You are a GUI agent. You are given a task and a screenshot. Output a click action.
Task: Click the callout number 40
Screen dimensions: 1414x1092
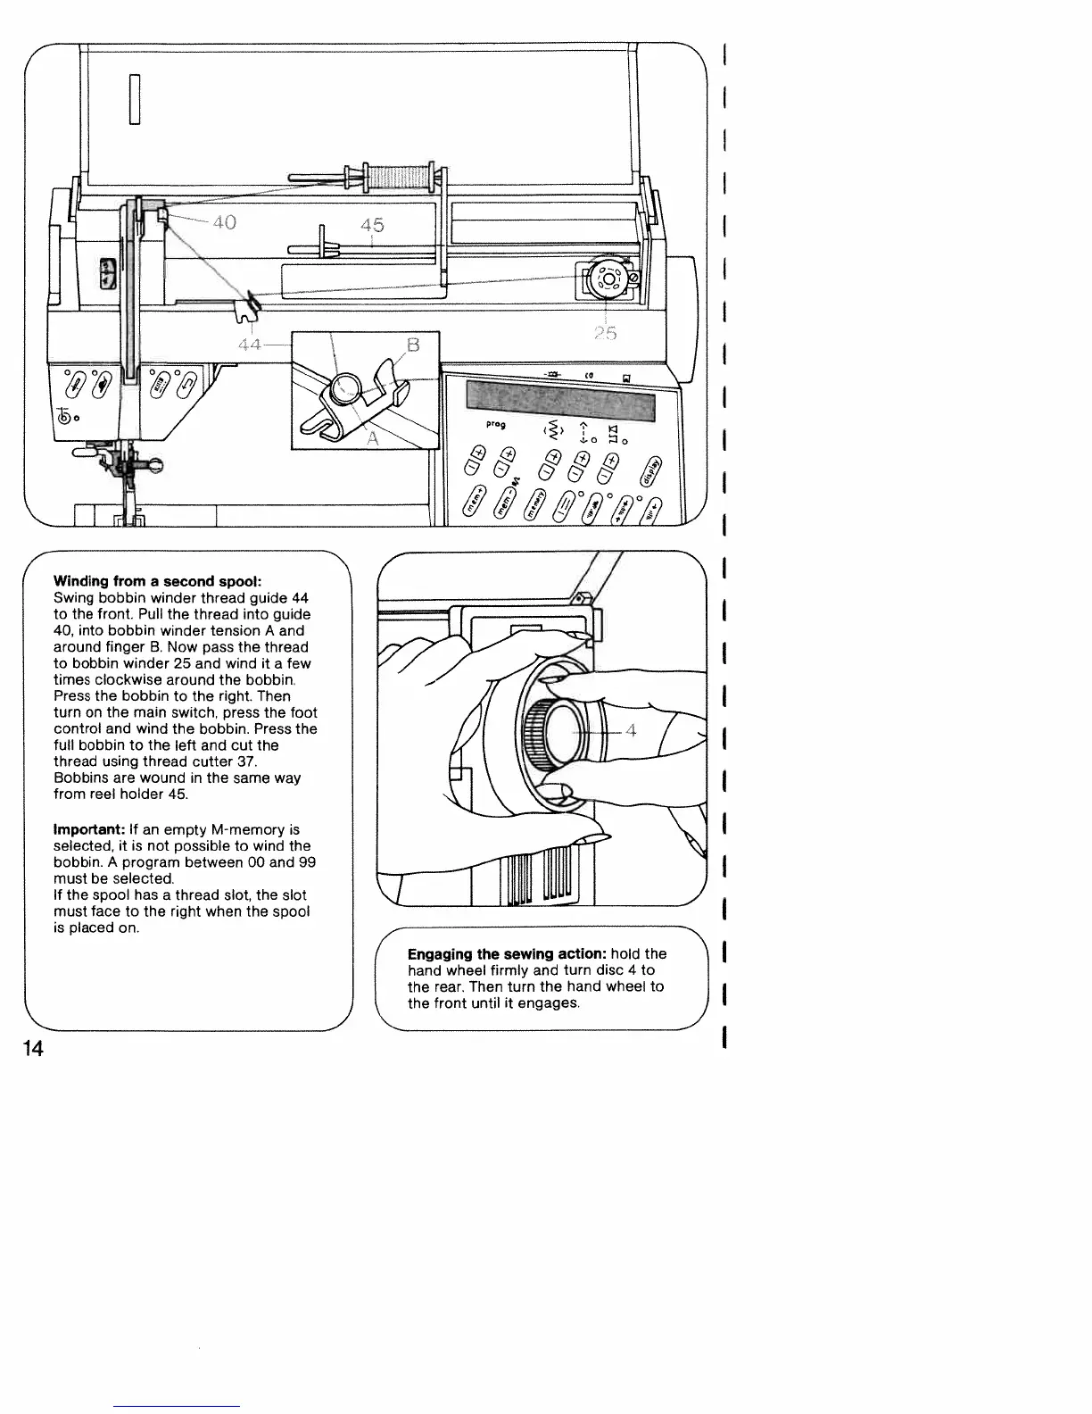[224, 221]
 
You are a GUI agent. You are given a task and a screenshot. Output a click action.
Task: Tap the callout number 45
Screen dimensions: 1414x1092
[372, 225]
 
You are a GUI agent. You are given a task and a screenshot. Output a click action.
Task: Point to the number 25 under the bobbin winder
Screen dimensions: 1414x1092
[605, 334]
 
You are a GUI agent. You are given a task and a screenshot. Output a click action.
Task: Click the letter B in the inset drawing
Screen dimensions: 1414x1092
[413, 344]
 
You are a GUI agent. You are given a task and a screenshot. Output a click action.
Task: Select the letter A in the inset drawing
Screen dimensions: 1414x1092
[374, 438]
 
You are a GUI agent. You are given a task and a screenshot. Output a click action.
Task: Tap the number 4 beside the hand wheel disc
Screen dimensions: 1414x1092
[631, 732]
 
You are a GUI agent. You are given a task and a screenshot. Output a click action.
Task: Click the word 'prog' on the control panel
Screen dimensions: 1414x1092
[496, 425]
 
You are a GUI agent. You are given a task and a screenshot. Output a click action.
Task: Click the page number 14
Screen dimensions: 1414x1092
[33, 1048]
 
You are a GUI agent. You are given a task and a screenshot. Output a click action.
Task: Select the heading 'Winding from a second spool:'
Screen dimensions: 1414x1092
[157, 581]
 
